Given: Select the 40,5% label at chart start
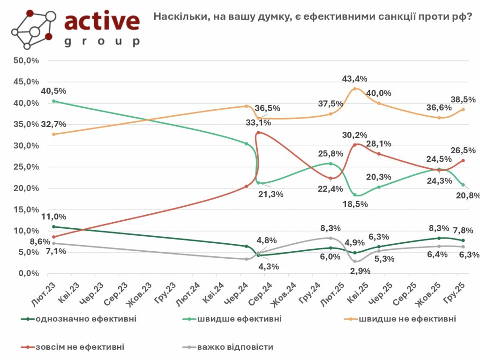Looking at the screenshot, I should [54, 91].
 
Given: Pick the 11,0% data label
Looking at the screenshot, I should [54, 217].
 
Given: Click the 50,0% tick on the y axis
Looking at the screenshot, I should [27, 60].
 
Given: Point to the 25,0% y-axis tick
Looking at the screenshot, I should [27, 167].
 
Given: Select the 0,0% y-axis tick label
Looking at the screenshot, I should [29, 273].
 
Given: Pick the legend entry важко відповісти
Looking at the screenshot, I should [235, 347].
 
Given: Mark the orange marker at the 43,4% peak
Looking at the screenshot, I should [355, 89].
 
